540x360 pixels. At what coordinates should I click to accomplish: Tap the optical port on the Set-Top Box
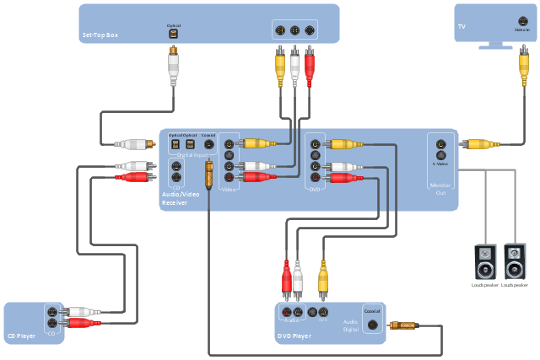point(172,35)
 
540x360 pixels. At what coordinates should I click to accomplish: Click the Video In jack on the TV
point(523,24)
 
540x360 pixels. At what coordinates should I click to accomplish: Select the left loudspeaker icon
point(485,261)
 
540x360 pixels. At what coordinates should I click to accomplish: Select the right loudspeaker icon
point(515,261)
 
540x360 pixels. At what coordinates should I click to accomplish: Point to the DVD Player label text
point(294,336)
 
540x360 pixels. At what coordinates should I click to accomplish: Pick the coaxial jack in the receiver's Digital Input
point(208,144)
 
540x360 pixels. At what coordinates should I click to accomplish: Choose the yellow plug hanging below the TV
point(523,67)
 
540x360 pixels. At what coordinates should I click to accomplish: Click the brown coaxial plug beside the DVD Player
point(402,325)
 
